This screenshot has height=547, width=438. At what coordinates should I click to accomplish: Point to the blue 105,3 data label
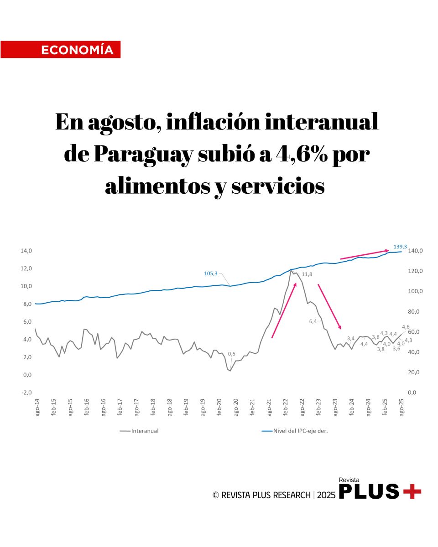(211, 273)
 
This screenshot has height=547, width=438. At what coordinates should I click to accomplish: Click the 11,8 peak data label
(307, 274)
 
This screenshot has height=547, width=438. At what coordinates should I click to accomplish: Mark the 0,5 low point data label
(232, 354)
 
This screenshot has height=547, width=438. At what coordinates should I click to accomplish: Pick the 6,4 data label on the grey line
(313, 321)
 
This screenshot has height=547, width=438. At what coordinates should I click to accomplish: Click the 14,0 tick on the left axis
(26, 251)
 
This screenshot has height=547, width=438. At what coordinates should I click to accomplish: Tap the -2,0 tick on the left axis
(26, 392)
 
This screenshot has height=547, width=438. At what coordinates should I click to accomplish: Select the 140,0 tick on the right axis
(416, 251)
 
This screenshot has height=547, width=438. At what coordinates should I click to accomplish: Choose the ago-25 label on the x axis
(402, 406)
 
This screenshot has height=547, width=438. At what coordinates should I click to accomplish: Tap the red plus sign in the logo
(412, 491)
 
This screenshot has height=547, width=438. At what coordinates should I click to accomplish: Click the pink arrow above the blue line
(365, 254)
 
